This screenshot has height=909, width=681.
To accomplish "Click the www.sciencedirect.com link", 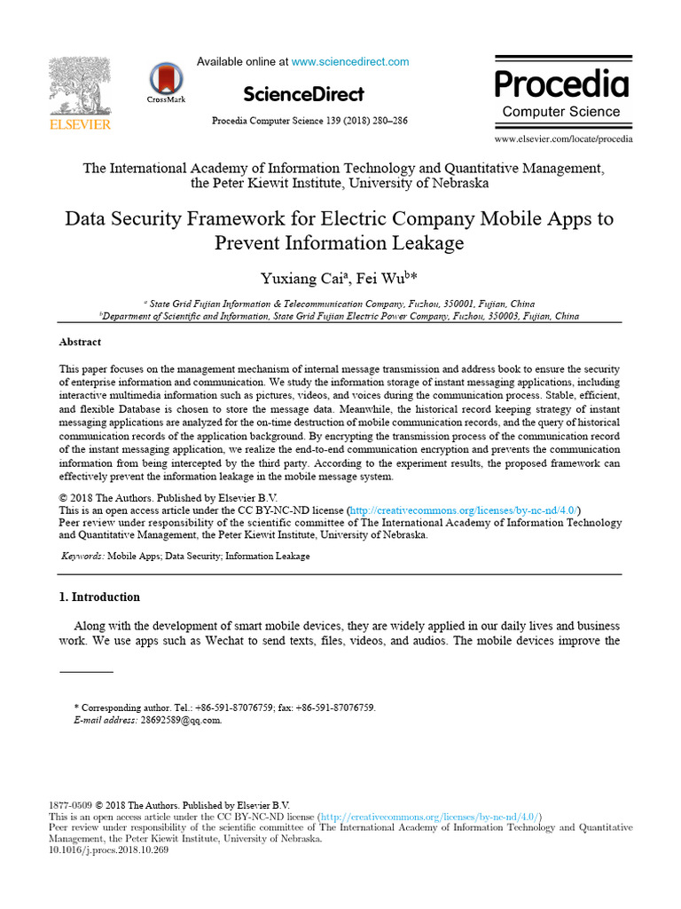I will coord(350,62).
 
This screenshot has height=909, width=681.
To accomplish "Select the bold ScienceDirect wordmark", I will coord(303,94).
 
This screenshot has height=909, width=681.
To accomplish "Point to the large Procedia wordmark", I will coord(561,84).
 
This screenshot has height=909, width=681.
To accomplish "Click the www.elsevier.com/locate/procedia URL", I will coord(563,139).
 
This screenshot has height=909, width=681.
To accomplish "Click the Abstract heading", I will coord(80,342).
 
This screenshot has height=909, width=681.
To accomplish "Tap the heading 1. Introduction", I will coord(99,597).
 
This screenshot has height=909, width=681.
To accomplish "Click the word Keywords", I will coord(82,557).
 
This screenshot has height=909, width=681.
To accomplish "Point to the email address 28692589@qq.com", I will coord(181,721).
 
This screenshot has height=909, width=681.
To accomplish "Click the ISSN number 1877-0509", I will coord(70,805).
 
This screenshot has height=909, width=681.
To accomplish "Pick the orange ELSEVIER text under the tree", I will coord(79,125).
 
